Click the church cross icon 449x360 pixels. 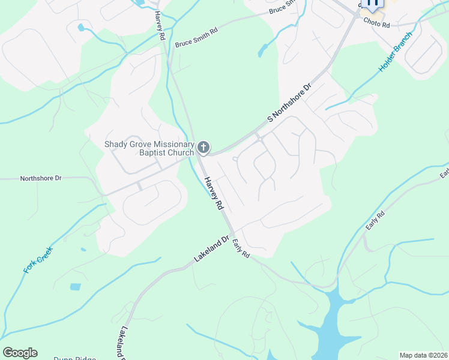coord(203,148)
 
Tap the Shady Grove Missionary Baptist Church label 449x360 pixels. coord(149,148)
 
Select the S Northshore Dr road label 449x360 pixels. coord(291,103)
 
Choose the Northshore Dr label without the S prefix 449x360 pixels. coord(41,178)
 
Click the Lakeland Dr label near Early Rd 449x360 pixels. coord(212,248)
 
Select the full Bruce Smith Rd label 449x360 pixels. coord(196,37)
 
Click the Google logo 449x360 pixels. coord(20,353)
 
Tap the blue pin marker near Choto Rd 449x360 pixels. coord(373,4)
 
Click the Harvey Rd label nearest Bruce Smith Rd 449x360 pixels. coord(160,26)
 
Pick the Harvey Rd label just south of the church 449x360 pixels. coord(213,193)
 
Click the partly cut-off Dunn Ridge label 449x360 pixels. coord(74,358)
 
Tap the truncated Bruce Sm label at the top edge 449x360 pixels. coord(283,6)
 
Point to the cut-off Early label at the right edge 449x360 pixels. coord(444,173)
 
